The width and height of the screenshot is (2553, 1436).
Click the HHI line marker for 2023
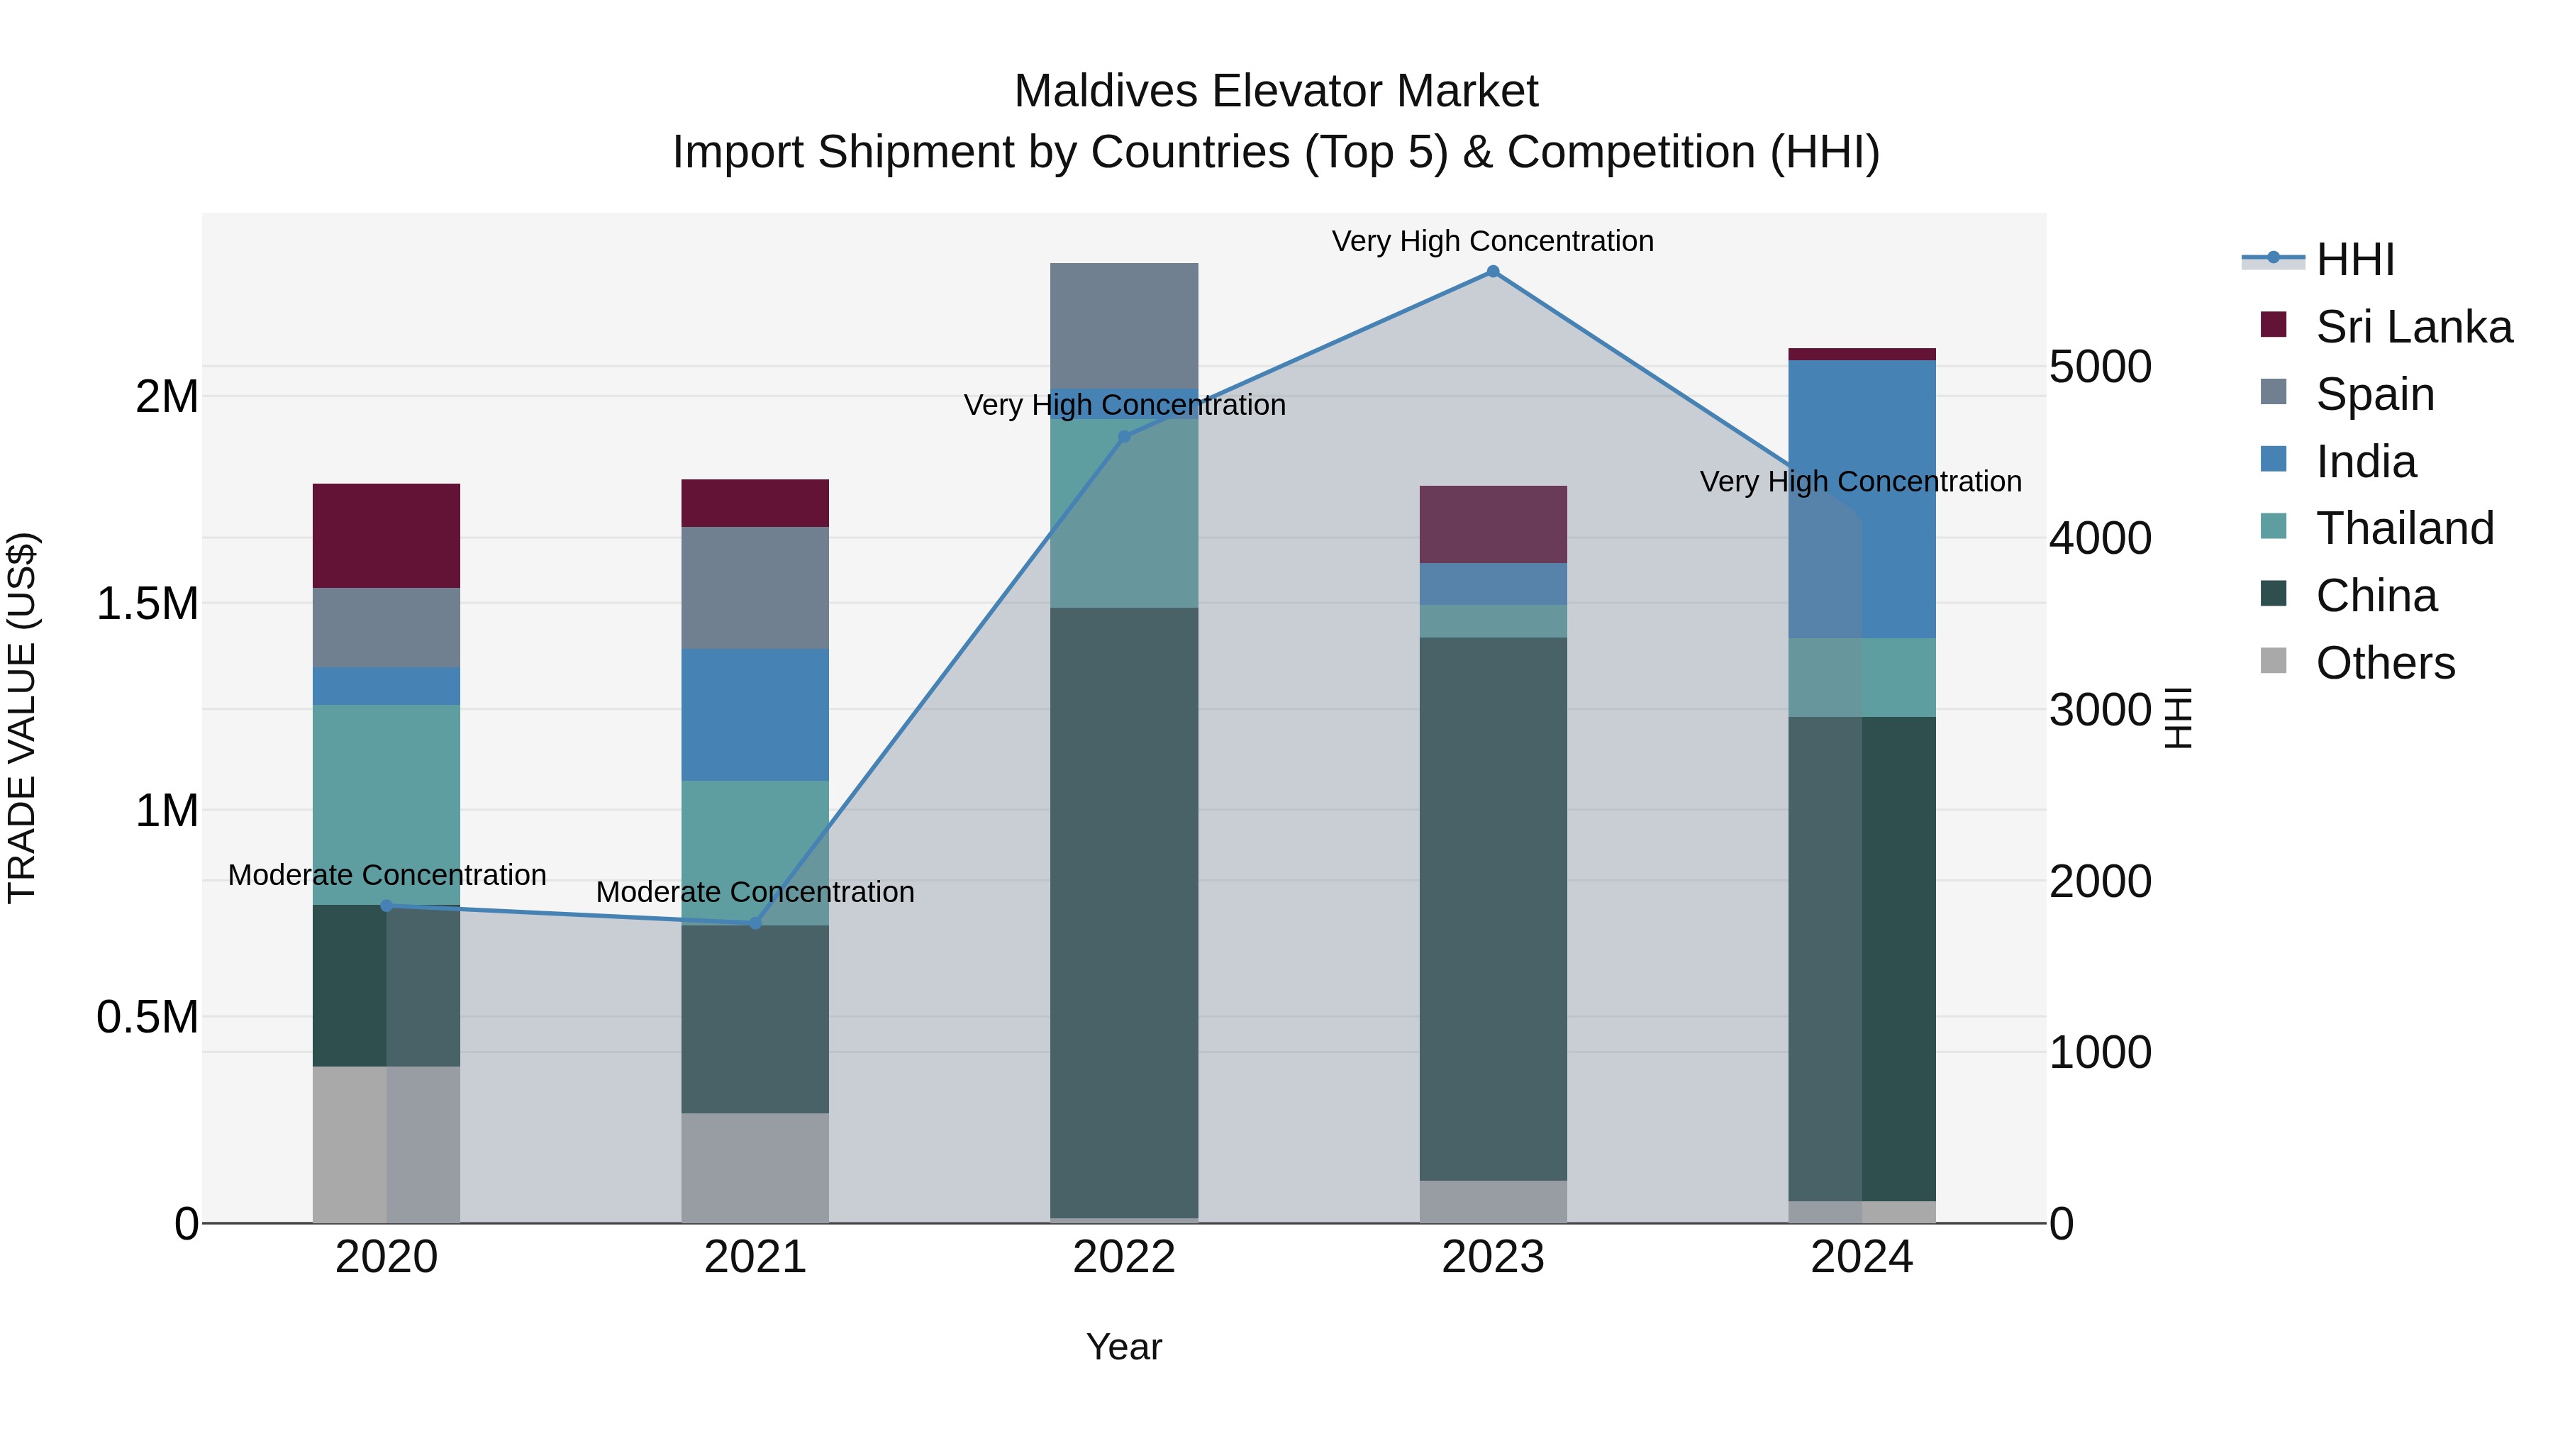(x=1493, y=272)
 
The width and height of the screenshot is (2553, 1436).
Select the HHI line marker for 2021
(x=755, y=923)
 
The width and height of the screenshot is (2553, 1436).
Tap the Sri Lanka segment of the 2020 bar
(x=386, y=535)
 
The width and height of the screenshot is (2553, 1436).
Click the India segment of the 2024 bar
(x=1862, y=499)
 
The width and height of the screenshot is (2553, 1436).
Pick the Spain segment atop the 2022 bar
(x=1124, y=325)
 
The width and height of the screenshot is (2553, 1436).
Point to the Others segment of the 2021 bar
(x=755, y=1167)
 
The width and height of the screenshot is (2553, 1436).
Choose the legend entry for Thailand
(x=2403, y=528)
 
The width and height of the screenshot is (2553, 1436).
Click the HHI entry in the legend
(x=2354, y=260)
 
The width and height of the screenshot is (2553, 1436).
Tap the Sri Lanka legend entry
(x=2413, y=327)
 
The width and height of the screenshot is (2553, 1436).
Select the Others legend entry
(x=2384, y=663)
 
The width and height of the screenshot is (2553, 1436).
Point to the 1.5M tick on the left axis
(x=148, y=603)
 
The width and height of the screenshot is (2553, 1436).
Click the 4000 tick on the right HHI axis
(x=2099, y=538)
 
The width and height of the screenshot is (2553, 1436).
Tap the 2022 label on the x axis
(x=1124, y=1257)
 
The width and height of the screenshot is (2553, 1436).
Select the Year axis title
(x=1124, y=1347)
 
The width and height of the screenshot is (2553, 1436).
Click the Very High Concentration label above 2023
(x=1493, y=241)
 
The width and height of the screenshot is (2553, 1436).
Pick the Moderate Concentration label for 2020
(x=386, y=875)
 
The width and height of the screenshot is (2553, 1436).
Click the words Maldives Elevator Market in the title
(x=1276, y=91)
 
